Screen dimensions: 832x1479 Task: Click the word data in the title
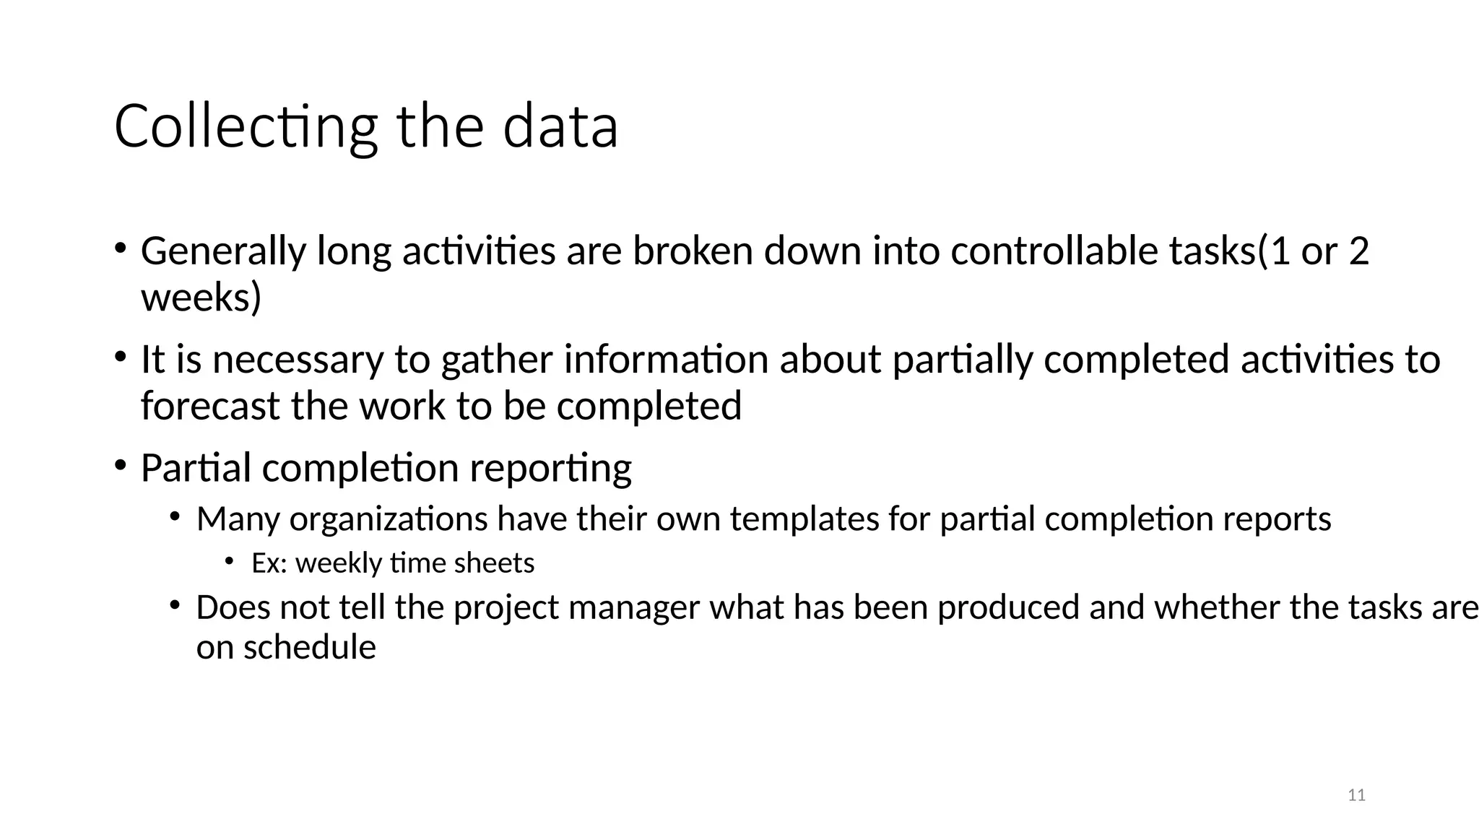tap(560, 127)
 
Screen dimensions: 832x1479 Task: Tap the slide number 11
tap(1357, 795)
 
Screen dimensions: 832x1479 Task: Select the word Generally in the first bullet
tap(223, 251)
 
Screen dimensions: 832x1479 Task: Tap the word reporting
tap(550, 468)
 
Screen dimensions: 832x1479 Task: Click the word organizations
tap(389, 519)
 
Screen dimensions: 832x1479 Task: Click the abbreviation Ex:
tap(269, 563)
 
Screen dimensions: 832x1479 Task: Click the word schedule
tap(309, 647)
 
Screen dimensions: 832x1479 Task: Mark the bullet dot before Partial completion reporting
tap(120, 464)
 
